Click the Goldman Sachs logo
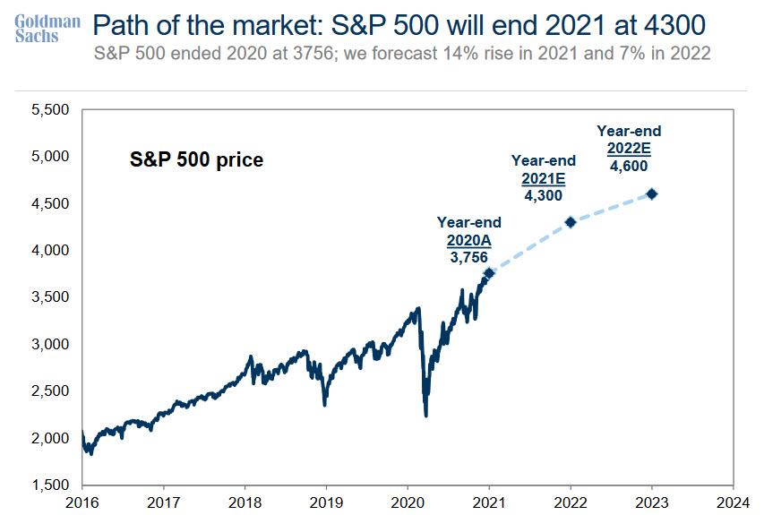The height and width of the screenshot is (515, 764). click(x=48, y=28)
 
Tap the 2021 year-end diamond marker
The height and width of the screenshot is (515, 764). click(x=571, y=221)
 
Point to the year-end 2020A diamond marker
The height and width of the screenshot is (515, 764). click(x=489, y=273)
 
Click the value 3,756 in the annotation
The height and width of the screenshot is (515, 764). click(x=468, y=256)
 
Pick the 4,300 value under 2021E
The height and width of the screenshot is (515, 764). click(x=543, y=193)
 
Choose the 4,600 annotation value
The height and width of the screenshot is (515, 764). click(x=629, y=165)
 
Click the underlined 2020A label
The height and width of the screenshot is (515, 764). click(x=468, y=239)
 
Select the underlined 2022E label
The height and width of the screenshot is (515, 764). click(x=629, y=148)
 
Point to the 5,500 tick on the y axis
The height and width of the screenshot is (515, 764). click(x=50, y=110)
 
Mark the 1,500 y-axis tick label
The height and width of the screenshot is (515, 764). click(x=50, y=485)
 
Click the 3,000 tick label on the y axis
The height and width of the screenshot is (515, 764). click(x=50, y=345)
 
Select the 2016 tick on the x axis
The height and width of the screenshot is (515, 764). click(x=82, y=502)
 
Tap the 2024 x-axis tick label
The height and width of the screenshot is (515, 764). click(x=734, y=502)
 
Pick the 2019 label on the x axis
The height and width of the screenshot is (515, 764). click(x=326, y=502)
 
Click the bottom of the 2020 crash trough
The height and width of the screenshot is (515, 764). click(x=426, y=416)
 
